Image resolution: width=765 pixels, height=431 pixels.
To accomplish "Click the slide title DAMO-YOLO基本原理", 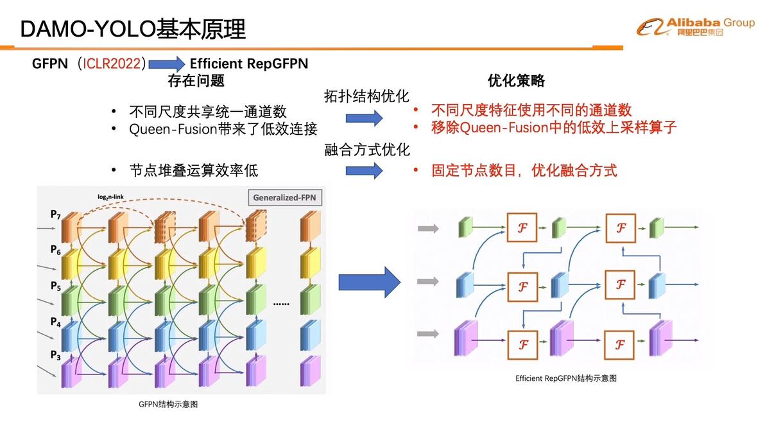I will pyautogui.click(x=133, y=30).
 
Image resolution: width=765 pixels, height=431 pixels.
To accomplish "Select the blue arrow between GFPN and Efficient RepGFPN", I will pyautogui.click(x=168, y=64).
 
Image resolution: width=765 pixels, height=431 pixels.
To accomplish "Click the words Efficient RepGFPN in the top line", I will pyautogui.click(x=249, y=64).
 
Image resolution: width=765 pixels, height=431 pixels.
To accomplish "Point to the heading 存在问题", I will pyautogui.click(x=196, y=80).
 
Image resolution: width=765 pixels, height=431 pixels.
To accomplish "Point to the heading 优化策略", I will pyautogui.click(x=516, y=80).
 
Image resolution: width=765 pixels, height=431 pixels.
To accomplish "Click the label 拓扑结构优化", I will pyautogui.click(x=366, y=96).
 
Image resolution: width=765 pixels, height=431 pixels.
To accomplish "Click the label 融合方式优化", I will pyautogui.click(x=366, y=150).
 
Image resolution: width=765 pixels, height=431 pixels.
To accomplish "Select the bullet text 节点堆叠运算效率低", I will pyautogui.click(x=193, y=170).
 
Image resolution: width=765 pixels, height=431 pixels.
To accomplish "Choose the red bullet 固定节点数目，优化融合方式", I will pyautogui.click(x=524, y=170).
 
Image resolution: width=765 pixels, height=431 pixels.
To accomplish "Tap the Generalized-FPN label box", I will pyautogui.click(x=285, y=197).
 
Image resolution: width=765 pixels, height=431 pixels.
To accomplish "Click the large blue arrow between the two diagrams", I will pyautogui.click(x=369, y=282).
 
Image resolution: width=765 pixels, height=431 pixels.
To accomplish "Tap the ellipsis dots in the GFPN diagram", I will pyautogui.click(x=282, y=303).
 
